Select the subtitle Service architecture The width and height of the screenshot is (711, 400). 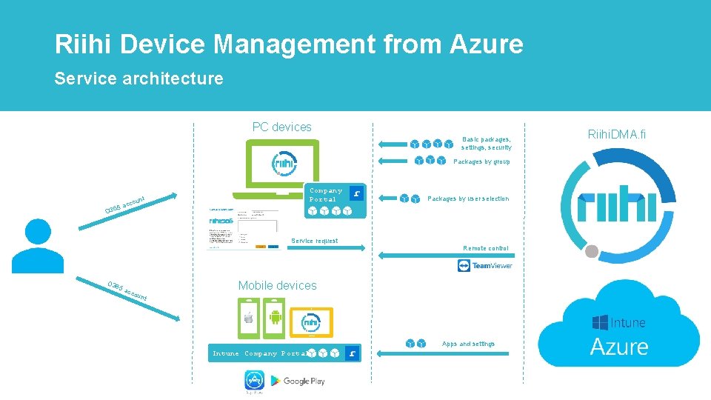[x=138, y=79]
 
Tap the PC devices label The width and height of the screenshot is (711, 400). [x=281, y=127]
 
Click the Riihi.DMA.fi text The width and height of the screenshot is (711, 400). [x=616, y=134]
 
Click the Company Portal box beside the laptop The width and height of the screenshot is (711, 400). [x=336, y=201]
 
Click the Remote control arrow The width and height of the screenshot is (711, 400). [x=444, y=256]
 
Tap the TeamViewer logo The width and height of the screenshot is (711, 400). [x=485, y=266]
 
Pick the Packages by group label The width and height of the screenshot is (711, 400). [x=481, y=161]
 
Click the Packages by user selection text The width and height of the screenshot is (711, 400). [x=468, y=199]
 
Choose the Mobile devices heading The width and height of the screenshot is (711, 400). [x=277, y=285]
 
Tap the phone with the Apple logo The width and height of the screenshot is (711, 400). [x=249, y=319]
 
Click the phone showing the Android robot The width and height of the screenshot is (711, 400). [x=276, y=319]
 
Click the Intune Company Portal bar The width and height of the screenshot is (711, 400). [x=285, y=354]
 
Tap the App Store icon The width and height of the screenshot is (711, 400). [x=254, y=381]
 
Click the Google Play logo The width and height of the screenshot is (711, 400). [x=297, y=381]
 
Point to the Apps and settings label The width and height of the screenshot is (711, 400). [x=468, y=344]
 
